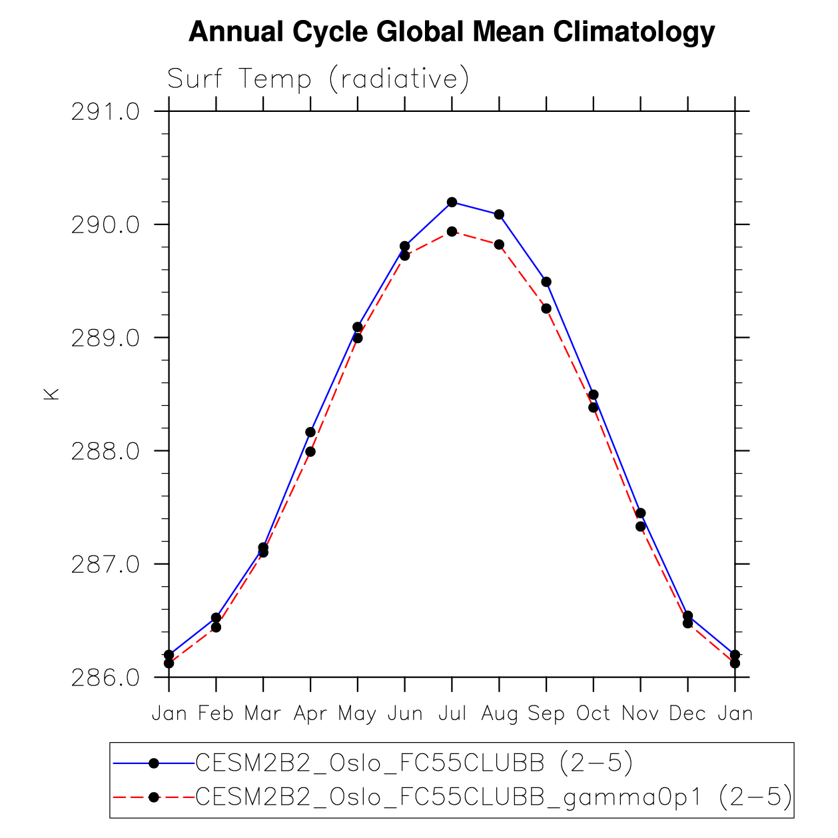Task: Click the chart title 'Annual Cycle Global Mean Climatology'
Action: point(452,32)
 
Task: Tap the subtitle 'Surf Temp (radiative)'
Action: point(318,79)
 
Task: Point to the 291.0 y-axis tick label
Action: point(105,111)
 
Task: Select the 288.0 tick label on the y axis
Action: point(105,451)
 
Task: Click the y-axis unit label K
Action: point(51,394)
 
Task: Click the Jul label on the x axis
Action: point(452,713)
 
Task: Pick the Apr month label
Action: point(310,714)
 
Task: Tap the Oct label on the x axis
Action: point(593,713)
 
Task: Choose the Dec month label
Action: point(687,713)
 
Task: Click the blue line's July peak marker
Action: point(452,202)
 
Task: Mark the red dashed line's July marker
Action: point(452,232)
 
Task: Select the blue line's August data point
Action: point(499,214)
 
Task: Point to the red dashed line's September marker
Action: point(546,308)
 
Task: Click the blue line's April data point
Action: point(310,432)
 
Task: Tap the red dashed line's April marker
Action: point(310,452)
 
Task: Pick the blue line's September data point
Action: point(546,282)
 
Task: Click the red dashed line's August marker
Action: point(499,244)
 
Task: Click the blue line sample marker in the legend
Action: point(154,763)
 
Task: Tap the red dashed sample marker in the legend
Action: point(154,797)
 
